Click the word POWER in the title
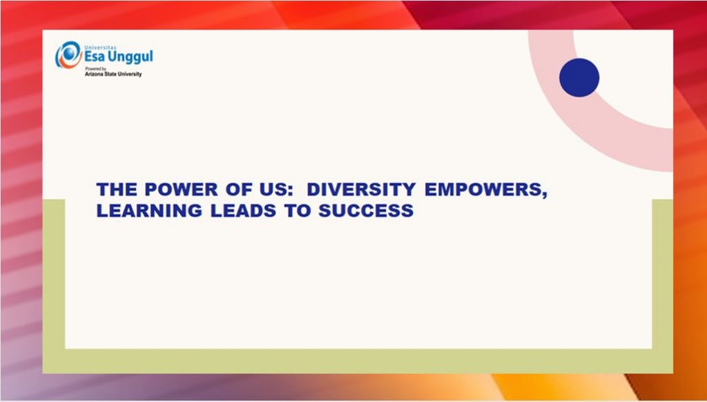point(182,189)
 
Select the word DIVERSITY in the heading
point(361,189)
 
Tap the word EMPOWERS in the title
point(483,189)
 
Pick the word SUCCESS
point(366,211)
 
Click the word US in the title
point(268,189)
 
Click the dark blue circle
point(579,77)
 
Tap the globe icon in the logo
point(68,55)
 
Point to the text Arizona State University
point(113,74)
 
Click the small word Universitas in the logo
point(100,48)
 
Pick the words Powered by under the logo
point(93,68)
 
